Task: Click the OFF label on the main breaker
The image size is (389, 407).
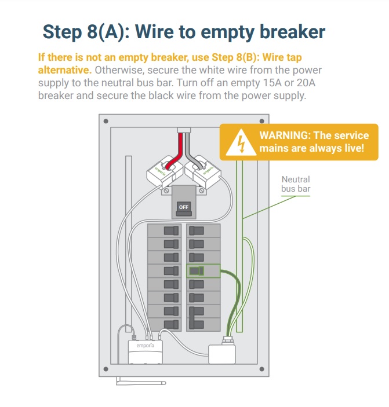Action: [x=183, y=207]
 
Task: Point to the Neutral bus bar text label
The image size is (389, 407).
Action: [x=296, y=184]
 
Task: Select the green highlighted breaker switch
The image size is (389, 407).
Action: [x=198, y=270]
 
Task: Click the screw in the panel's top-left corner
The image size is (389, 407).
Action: [x=105, y=120]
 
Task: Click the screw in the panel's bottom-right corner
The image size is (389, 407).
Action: [x=261, y=369]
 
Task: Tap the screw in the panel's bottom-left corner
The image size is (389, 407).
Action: [x=105, y=369]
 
